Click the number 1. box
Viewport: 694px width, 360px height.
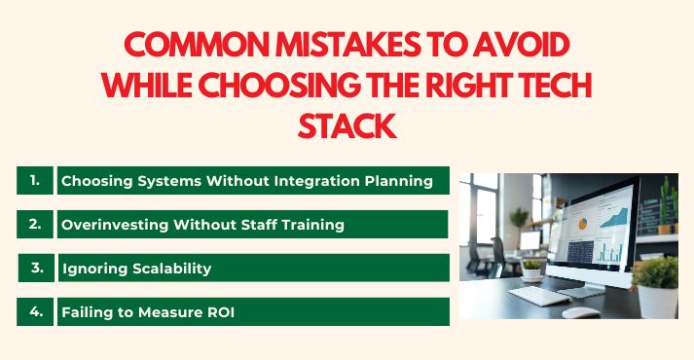35,180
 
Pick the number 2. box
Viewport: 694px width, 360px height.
35,224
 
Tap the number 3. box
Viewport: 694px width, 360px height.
37,268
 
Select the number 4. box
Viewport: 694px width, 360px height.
35,311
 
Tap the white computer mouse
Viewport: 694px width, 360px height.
581,312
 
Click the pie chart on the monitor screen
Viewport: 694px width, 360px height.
582,223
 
